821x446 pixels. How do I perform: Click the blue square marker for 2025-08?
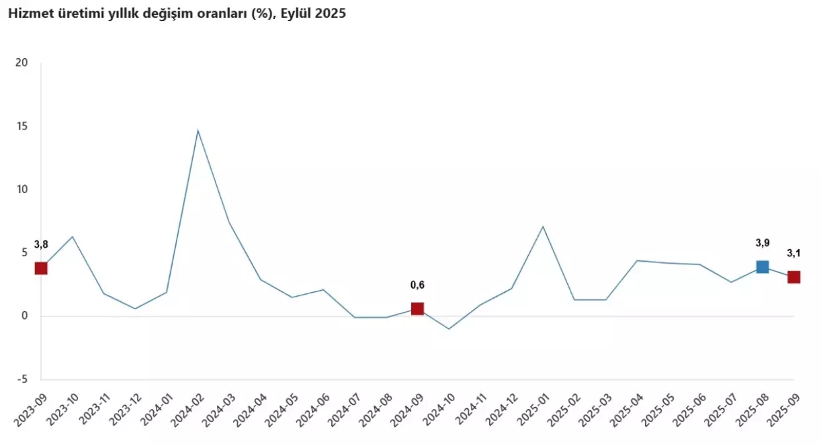pyautogui.click(x=762, y=267)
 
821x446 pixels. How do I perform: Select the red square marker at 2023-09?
pyautogui.click(x=41, y=268)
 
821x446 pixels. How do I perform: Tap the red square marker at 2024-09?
pyautogui.click(x=417, y=309)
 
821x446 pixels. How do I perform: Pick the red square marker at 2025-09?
pyautogui.click(x=793, y=277)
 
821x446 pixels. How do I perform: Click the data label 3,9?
pyautogui.click(x=762, y=243)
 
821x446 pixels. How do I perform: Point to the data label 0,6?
pyautogui.click(x=417, y=285)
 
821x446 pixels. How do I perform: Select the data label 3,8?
pyautogui.click(x=41, y=244)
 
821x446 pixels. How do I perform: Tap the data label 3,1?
pyautogui.click(x=793, y=253)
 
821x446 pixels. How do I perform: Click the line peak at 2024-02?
pyautogui.click(x=198, y=130)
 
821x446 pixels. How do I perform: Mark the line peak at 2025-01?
pyautogui.click(x=543, y=227)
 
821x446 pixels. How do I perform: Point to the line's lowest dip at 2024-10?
pyautogui.click(x=449, y=328)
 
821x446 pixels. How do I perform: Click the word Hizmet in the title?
pyautogui.click(x=26, y=14)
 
